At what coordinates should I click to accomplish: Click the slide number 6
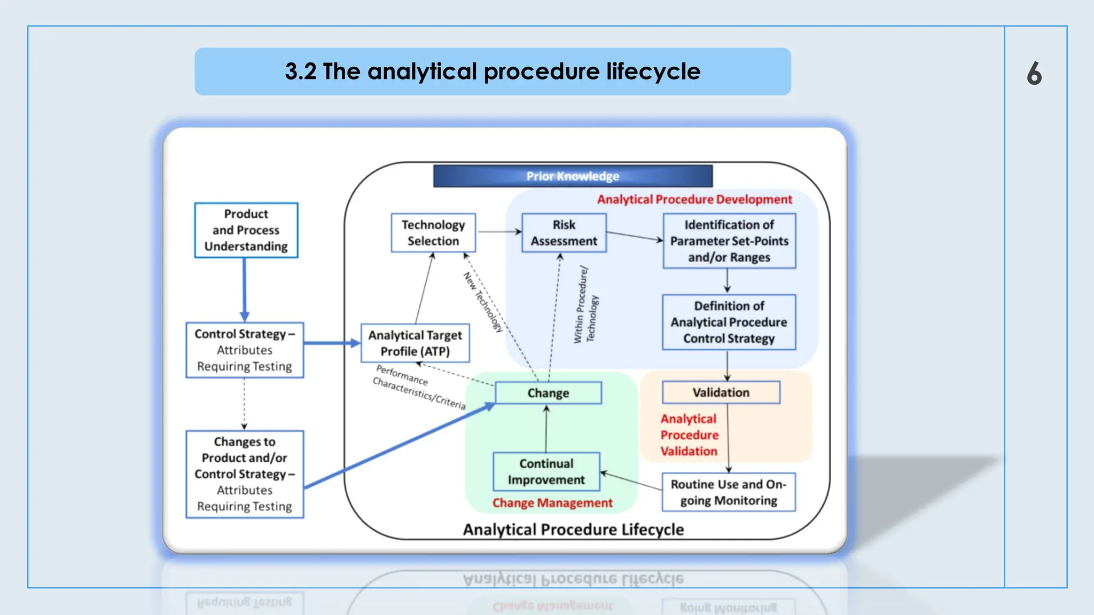1034,73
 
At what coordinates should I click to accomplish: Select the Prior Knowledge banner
573,176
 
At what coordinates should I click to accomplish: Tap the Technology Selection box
433,233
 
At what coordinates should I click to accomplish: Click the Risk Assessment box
564,233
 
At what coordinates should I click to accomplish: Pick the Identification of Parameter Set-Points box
729,241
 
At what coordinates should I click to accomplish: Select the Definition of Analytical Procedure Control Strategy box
729,322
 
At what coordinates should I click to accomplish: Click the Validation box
721,392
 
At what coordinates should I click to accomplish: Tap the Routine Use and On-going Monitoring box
728,492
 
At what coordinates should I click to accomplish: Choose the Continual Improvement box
546,471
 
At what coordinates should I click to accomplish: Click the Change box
548,393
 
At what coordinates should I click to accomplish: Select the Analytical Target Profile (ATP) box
415,343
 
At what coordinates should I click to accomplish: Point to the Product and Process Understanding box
246,230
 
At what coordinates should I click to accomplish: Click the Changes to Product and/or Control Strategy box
245,474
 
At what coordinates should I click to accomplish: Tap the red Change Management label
552,503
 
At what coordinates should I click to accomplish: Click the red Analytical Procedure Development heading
694,200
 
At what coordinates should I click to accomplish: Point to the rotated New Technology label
483,302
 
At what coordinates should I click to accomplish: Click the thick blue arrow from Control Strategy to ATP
331,343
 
